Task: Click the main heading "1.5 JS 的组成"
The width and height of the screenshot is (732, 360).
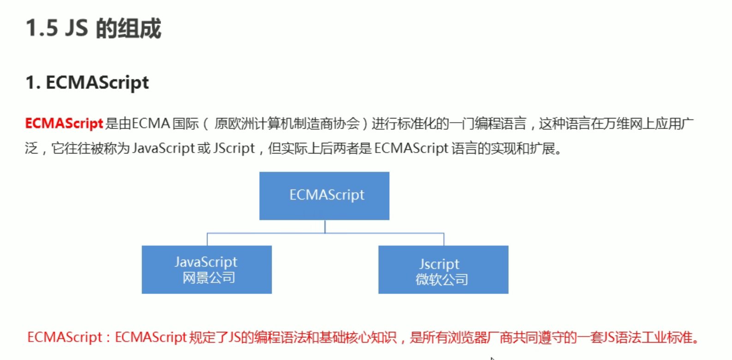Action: (93, 29)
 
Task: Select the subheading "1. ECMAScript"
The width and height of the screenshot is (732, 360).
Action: (87, 83)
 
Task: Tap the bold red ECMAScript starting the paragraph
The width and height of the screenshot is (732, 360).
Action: (64, 124)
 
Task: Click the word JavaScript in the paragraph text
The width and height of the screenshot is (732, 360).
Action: (163, 148)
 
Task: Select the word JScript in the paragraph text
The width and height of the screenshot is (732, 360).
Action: (234, 148)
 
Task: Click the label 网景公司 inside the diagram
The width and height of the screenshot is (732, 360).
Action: (208, 278)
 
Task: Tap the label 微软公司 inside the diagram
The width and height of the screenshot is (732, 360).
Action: (441, 279)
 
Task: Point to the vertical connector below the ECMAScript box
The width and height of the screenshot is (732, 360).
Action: (325, 226)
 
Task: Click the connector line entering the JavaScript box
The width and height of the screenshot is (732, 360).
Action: (207, 239)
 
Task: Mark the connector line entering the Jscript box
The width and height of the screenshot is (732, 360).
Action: (444, 239)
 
